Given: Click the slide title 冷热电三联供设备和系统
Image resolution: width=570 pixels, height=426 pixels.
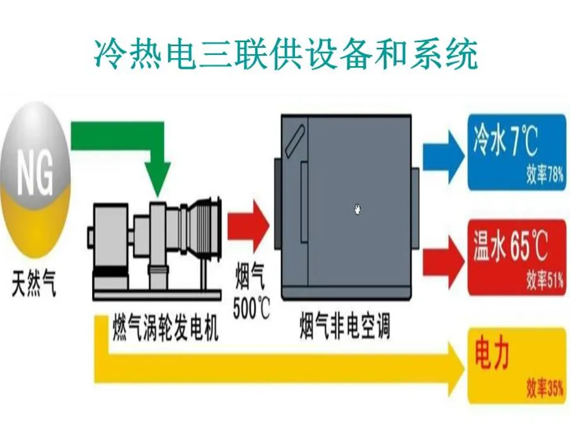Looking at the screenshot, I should pos(285,55).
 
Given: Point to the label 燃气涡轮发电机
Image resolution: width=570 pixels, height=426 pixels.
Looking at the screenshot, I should pos(166,329).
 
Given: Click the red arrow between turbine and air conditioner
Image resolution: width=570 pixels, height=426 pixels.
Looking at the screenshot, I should pos(248,224).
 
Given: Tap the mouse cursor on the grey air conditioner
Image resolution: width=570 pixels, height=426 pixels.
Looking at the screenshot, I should pos(358,209).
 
